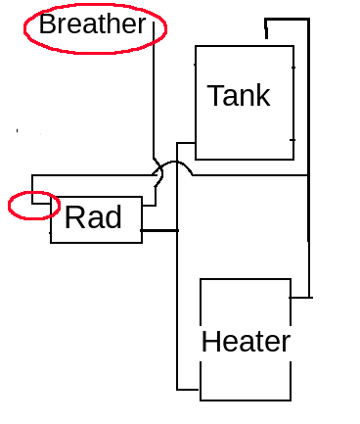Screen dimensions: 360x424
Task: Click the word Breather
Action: tap(92, 24)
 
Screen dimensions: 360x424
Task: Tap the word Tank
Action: tap(239, 95)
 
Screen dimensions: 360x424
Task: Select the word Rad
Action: tap(93, 217)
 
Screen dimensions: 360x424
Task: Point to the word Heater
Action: tap(246, 342)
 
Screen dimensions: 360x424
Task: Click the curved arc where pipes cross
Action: tap(174, 162)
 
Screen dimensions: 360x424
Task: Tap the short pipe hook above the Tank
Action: tap(266, 28)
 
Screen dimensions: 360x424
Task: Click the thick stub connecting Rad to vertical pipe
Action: tap(159, 230)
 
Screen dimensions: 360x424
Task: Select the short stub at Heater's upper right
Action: tap(301, 298)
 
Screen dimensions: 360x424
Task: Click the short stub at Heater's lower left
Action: tap(188, 390)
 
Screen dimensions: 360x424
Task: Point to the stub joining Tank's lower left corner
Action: tap(186, 143)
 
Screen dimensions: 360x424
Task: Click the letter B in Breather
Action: tap(47, 24)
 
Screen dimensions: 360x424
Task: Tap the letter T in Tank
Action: tap(215, 95)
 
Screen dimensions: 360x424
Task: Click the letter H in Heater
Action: tap(210, 342)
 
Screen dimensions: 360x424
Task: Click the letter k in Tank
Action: tap(263, 95)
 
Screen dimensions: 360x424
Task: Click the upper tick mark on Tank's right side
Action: tap(293, 68)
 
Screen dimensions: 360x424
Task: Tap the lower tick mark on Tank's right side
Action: tap(292, 140)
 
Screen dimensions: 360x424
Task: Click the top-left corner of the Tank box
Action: tap(196, 46)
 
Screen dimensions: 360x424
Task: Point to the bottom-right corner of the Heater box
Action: tap(291, 400)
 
